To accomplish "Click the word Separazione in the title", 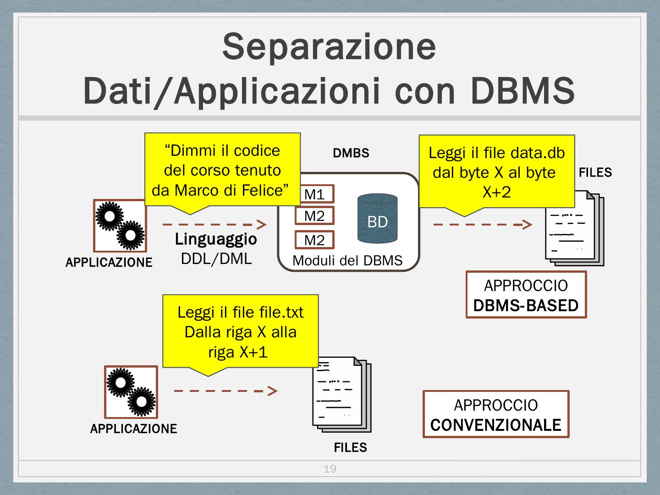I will point(329,47).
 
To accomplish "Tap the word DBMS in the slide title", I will point(522,90).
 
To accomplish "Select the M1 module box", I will point(314,194).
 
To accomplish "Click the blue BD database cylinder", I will point(377,219).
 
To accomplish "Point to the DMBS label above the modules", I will point(351,153).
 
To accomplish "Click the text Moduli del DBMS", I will point(347,260).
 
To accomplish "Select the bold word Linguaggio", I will point(216,239).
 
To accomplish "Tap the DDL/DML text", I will point(216,259).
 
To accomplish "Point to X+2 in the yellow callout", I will point(497,192).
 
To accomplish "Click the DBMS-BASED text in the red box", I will point(526,305).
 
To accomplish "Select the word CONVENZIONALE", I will point(495,425).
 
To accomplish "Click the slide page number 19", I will point(330,468).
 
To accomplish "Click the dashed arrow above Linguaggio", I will point(214,225).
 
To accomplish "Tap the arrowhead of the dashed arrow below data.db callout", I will point(527,225).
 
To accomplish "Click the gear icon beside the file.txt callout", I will point(131,392).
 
